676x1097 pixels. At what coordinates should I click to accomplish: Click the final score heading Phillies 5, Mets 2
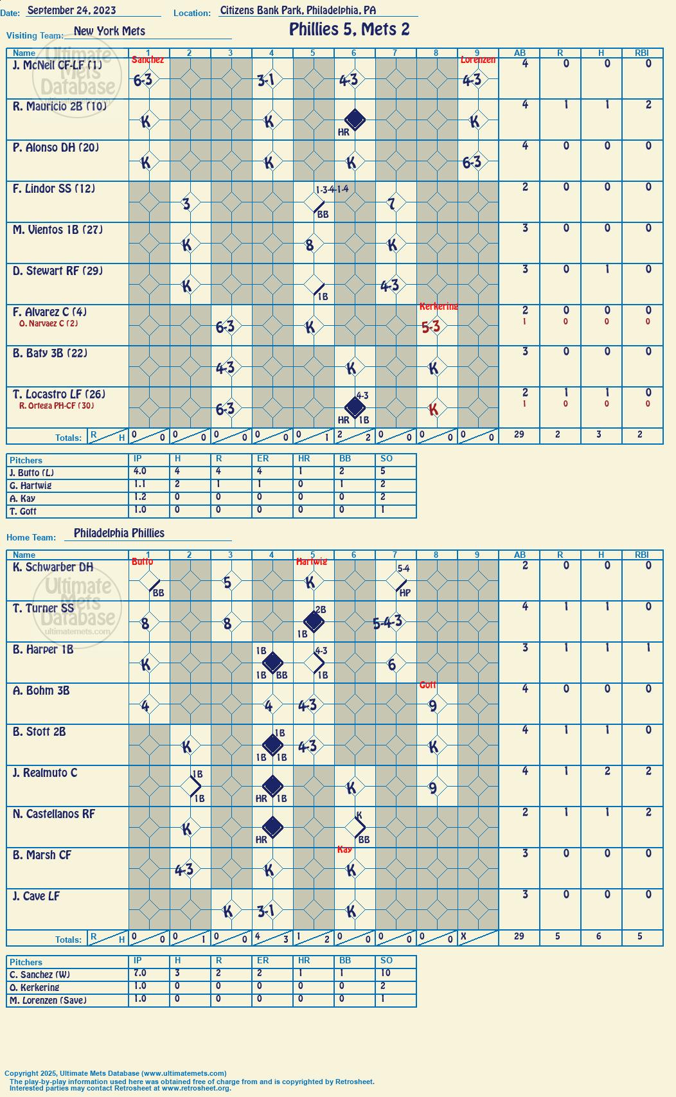coord(350,30)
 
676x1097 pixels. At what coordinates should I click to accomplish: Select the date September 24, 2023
coord(71,10)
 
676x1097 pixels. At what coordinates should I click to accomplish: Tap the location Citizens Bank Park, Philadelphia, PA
coord(298,10)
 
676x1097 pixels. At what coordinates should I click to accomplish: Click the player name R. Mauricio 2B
coord(59,106)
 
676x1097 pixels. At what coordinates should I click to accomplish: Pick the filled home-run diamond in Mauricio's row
coord(355,119)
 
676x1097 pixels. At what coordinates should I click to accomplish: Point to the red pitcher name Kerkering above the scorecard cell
coord(438,306)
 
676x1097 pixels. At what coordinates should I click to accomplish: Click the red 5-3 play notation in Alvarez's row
coord(431,327)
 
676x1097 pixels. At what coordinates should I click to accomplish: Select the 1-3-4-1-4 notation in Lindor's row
coord(332,189)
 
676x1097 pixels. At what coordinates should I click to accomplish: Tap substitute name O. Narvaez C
coord(48,323)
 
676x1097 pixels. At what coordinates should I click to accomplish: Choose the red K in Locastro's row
coord(433,409)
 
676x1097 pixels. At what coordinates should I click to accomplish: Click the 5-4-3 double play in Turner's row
coord(387,623)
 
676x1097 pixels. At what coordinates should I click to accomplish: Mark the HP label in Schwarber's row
coord(405,593)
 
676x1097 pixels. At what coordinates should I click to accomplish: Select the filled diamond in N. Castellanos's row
coord(272,826)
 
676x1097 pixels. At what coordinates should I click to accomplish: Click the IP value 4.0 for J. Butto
coord(139,470)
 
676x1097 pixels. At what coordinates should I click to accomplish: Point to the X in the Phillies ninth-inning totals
coord(463,936)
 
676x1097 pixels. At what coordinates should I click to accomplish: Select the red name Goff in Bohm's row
coord(428,684)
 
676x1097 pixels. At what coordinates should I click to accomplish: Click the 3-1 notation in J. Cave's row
coord(266,911)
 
